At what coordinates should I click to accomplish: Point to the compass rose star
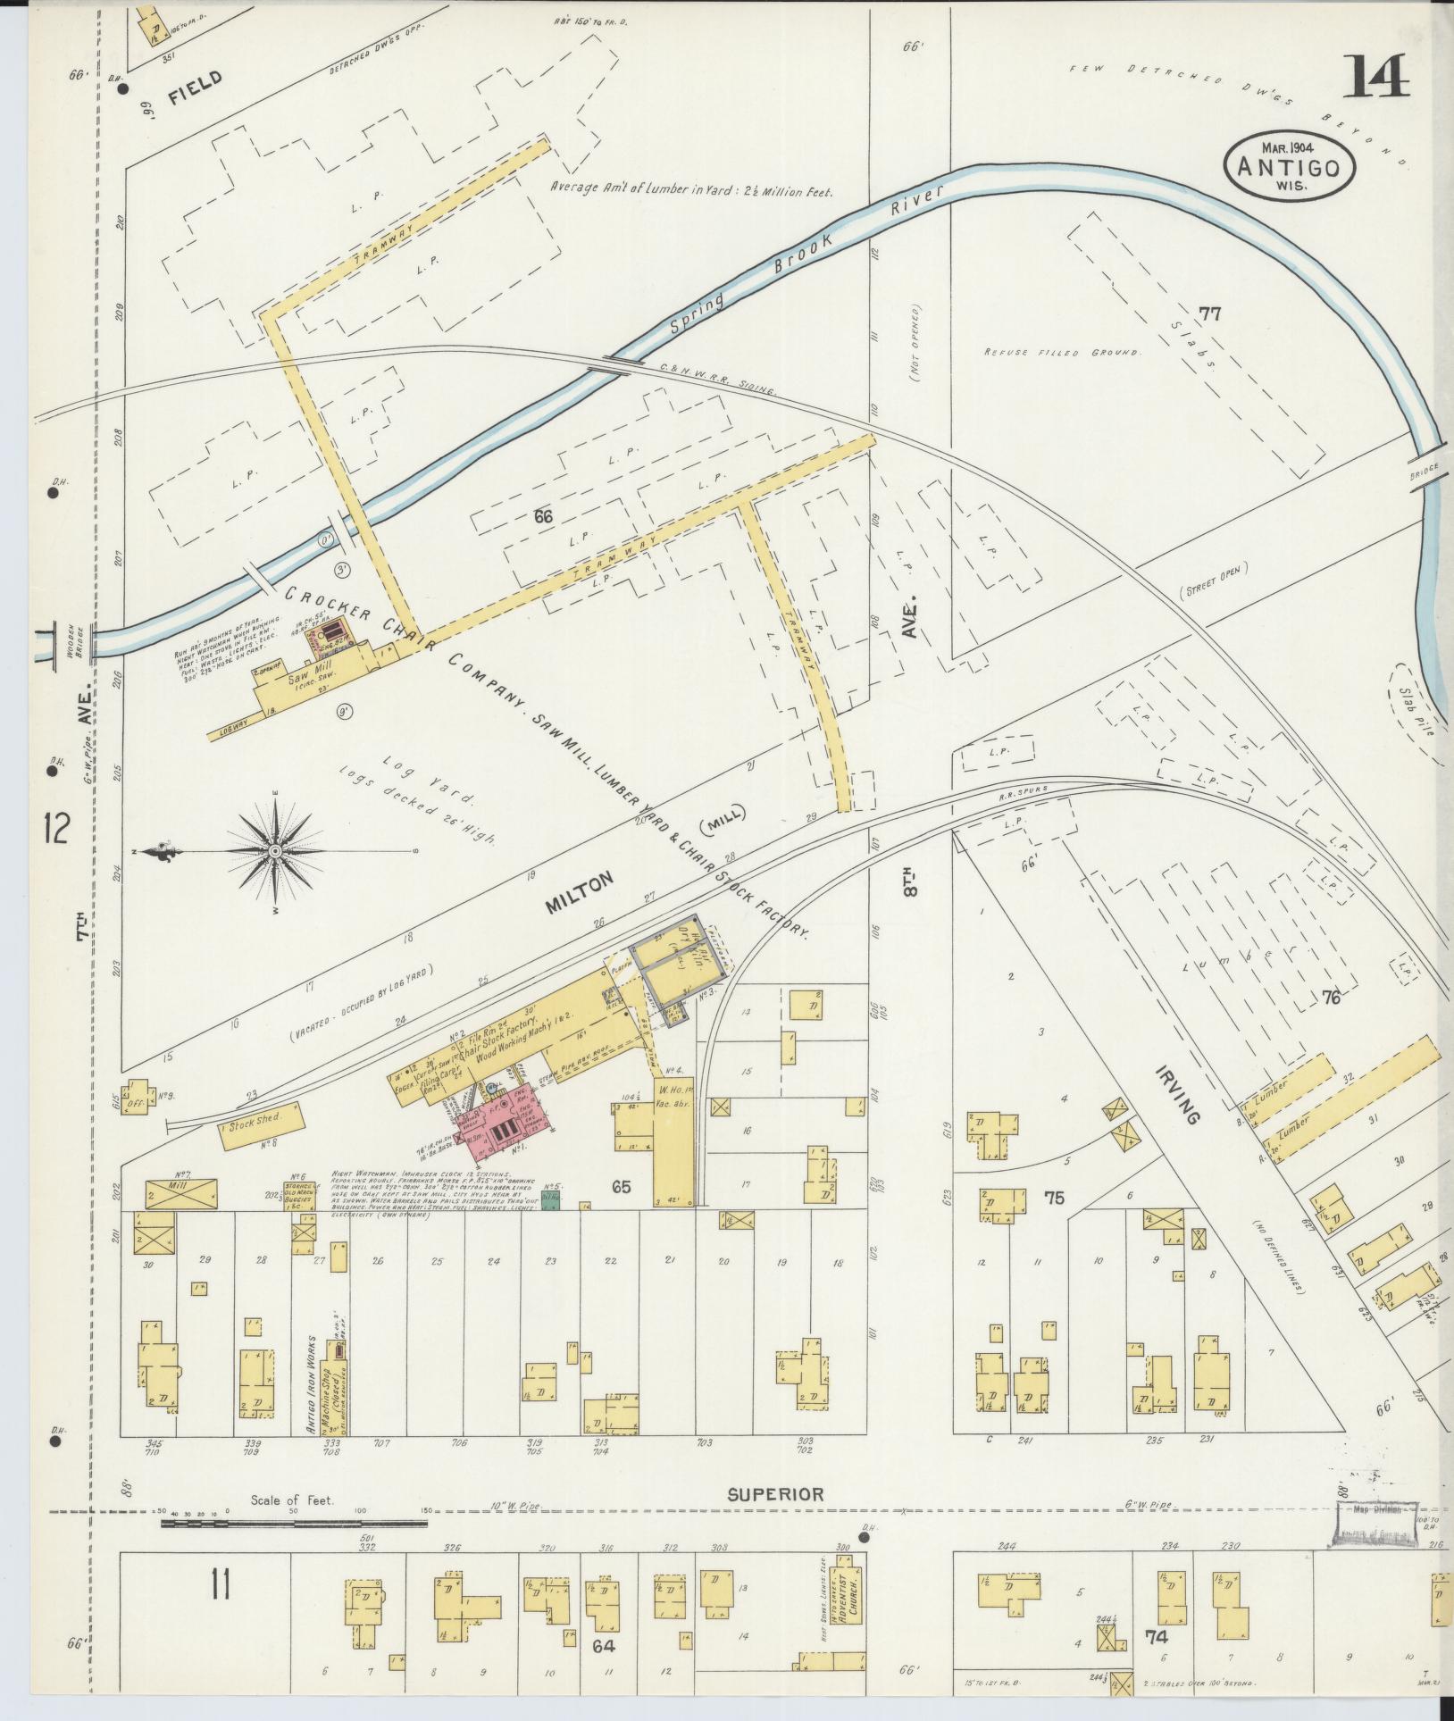275,853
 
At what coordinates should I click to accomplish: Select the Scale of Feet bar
292,1524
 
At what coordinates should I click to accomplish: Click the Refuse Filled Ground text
1062,353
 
